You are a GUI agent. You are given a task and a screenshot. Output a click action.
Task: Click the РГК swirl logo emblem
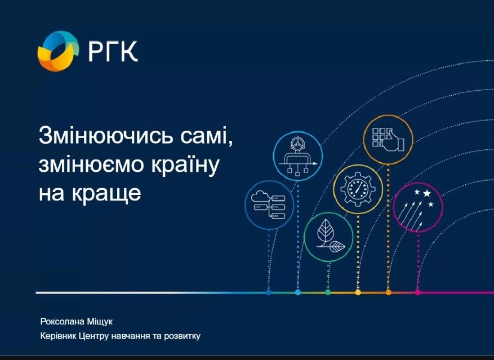58,51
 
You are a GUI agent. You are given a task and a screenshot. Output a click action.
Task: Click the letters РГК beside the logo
113,51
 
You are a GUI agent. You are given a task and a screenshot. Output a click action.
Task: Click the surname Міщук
100,322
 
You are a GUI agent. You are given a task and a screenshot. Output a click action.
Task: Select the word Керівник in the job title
58,336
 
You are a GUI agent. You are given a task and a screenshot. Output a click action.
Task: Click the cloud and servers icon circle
269,205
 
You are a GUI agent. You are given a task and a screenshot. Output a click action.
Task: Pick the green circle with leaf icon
328,237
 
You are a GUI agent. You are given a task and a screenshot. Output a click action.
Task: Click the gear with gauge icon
358,189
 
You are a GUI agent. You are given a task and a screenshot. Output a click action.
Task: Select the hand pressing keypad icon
388,140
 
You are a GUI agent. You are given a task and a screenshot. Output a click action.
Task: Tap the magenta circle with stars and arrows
418,207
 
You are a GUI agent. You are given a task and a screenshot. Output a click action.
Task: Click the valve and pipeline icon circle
298,157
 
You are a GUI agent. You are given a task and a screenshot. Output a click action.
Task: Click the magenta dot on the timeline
418,292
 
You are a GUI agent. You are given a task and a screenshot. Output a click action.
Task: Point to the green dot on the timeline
328,292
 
